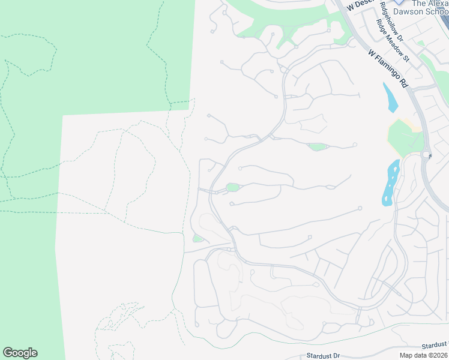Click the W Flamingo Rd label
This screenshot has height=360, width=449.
coord(388,69)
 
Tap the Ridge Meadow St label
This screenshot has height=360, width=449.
coord(392,41)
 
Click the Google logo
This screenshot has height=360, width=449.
coord(20,353)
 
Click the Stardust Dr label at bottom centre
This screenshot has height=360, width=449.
coord(323,355)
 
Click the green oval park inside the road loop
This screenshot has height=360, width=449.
coord(232,188)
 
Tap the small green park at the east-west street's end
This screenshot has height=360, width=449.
coord(317,147)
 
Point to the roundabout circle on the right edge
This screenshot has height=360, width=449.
coord(426,154)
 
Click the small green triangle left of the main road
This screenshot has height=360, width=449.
coord(197,239)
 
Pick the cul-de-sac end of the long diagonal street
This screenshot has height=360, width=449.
coord(360,208)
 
